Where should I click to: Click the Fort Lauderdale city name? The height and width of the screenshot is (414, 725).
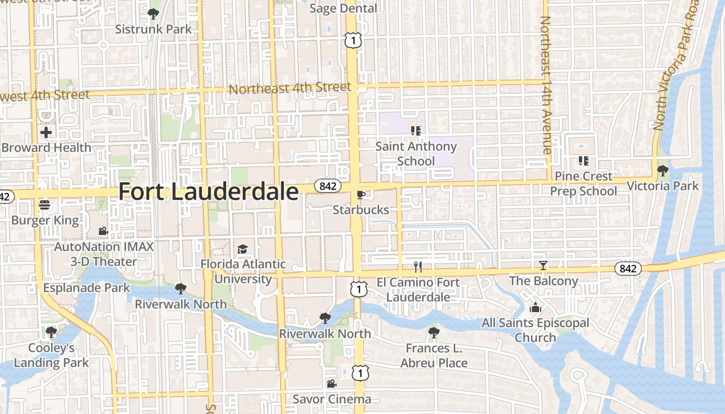tap(208, 191)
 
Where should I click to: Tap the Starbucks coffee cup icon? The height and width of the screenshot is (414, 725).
tap(360, 195)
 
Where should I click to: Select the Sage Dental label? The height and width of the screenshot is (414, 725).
tap(343, 9)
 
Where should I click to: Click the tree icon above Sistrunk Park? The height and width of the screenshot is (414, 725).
tap(153, 13)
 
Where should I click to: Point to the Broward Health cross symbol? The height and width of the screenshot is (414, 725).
tap(46, 132)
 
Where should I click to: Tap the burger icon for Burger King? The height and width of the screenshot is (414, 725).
tap(45, 205)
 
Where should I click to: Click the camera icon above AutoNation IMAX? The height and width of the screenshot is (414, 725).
tap(103, 231)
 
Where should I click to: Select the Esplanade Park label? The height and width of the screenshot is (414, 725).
tap(86, 288)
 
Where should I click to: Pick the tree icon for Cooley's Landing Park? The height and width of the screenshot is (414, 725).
tap(51, 332)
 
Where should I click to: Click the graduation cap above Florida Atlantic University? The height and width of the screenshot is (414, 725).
tap(242, 249)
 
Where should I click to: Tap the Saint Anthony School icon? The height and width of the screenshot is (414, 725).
tap(415, 131)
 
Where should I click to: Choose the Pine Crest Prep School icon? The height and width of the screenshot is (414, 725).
tap(583, 161)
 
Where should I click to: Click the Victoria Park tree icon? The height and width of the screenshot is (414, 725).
tap(662, 170)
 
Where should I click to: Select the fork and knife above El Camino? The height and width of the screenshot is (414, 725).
tap(418, 267)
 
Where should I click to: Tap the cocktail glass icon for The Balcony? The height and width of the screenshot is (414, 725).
tap(543, 265)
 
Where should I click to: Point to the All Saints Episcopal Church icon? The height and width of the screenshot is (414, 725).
tap(535, 307)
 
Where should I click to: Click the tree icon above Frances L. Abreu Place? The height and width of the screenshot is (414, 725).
tap(433, 333)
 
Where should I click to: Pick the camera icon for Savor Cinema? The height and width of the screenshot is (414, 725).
tap(331, 383)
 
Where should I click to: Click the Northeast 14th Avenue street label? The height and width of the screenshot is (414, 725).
tap(546, 85)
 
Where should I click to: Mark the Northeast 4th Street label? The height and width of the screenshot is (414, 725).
tap(290, 88)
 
